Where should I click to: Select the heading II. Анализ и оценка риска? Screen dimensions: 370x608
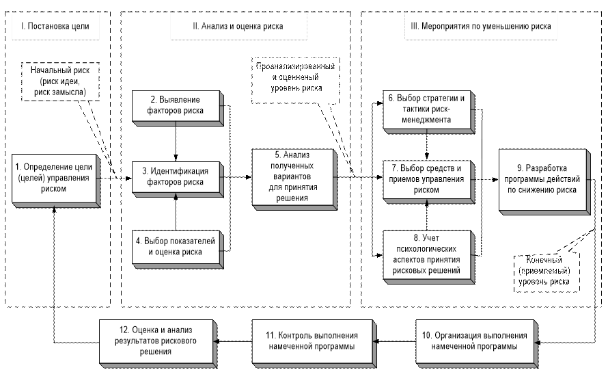coord(237,27)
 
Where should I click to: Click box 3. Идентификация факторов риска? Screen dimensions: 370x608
coord(176,176)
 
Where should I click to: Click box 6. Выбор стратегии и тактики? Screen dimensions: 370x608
coord(428,109)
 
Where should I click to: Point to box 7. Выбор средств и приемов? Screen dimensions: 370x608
coord(428,179)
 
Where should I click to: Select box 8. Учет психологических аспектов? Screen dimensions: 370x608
coord(428,254)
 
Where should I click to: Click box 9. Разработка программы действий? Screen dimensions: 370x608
coord(541,179)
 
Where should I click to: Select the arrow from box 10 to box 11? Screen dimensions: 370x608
coord(396,341)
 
